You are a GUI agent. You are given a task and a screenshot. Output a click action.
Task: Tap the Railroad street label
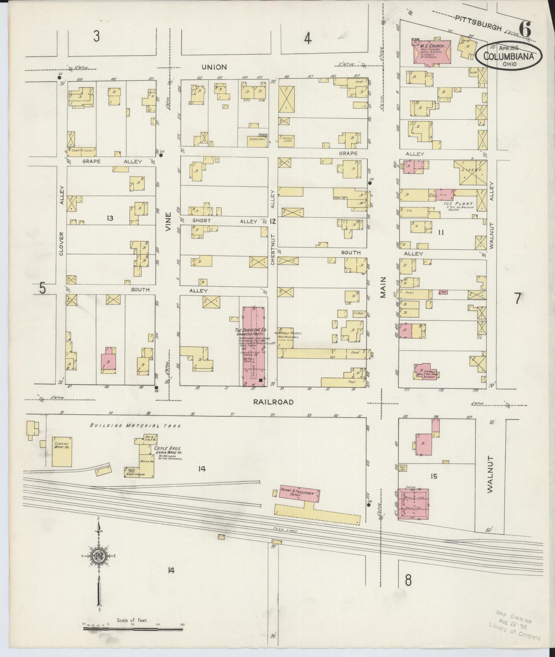273,402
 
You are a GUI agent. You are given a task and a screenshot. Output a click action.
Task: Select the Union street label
214,67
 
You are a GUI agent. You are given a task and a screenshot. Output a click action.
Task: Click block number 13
110,218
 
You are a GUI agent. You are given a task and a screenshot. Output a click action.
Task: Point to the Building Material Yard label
135,425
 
